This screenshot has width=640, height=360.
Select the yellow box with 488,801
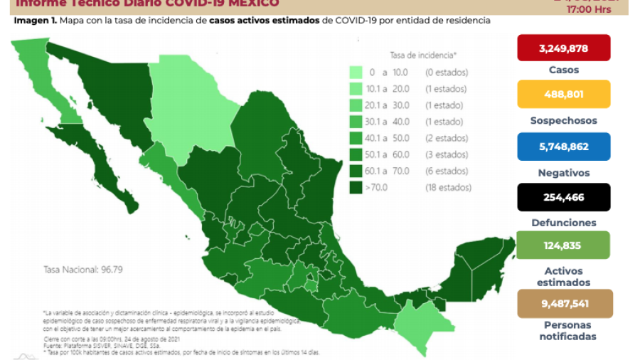coord(564,94)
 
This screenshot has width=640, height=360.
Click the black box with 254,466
coord(564,197)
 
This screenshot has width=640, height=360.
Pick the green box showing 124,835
coord(564,245)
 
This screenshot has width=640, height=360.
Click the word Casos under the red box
coord(564,70)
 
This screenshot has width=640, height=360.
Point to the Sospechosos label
coord(564,121)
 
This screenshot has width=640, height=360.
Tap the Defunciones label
coord(564,223)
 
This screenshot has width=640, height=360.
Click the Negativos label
coord(564,172)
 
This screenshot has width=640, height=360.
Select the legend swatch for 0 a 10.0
coord(357,73)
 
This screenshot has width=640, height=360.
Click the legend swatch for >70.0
coord(357,188)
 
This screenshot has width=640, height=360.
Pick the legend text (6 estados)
coord(446,171)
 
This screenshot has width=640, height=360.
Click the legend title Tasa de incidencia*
coord(423,55)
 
